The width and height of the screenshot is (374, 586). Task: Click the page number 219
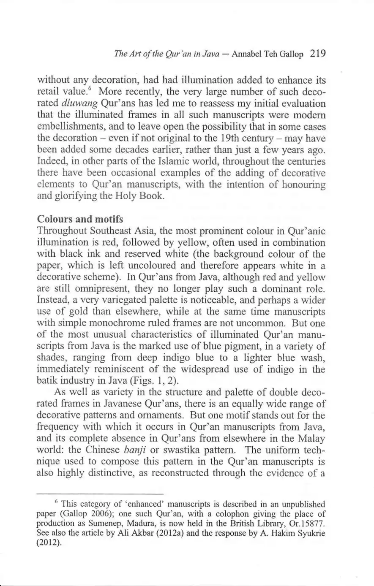[x=317, y=54]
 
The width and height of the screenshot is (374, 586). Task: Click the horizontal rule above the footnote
[x=100, y=494]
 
